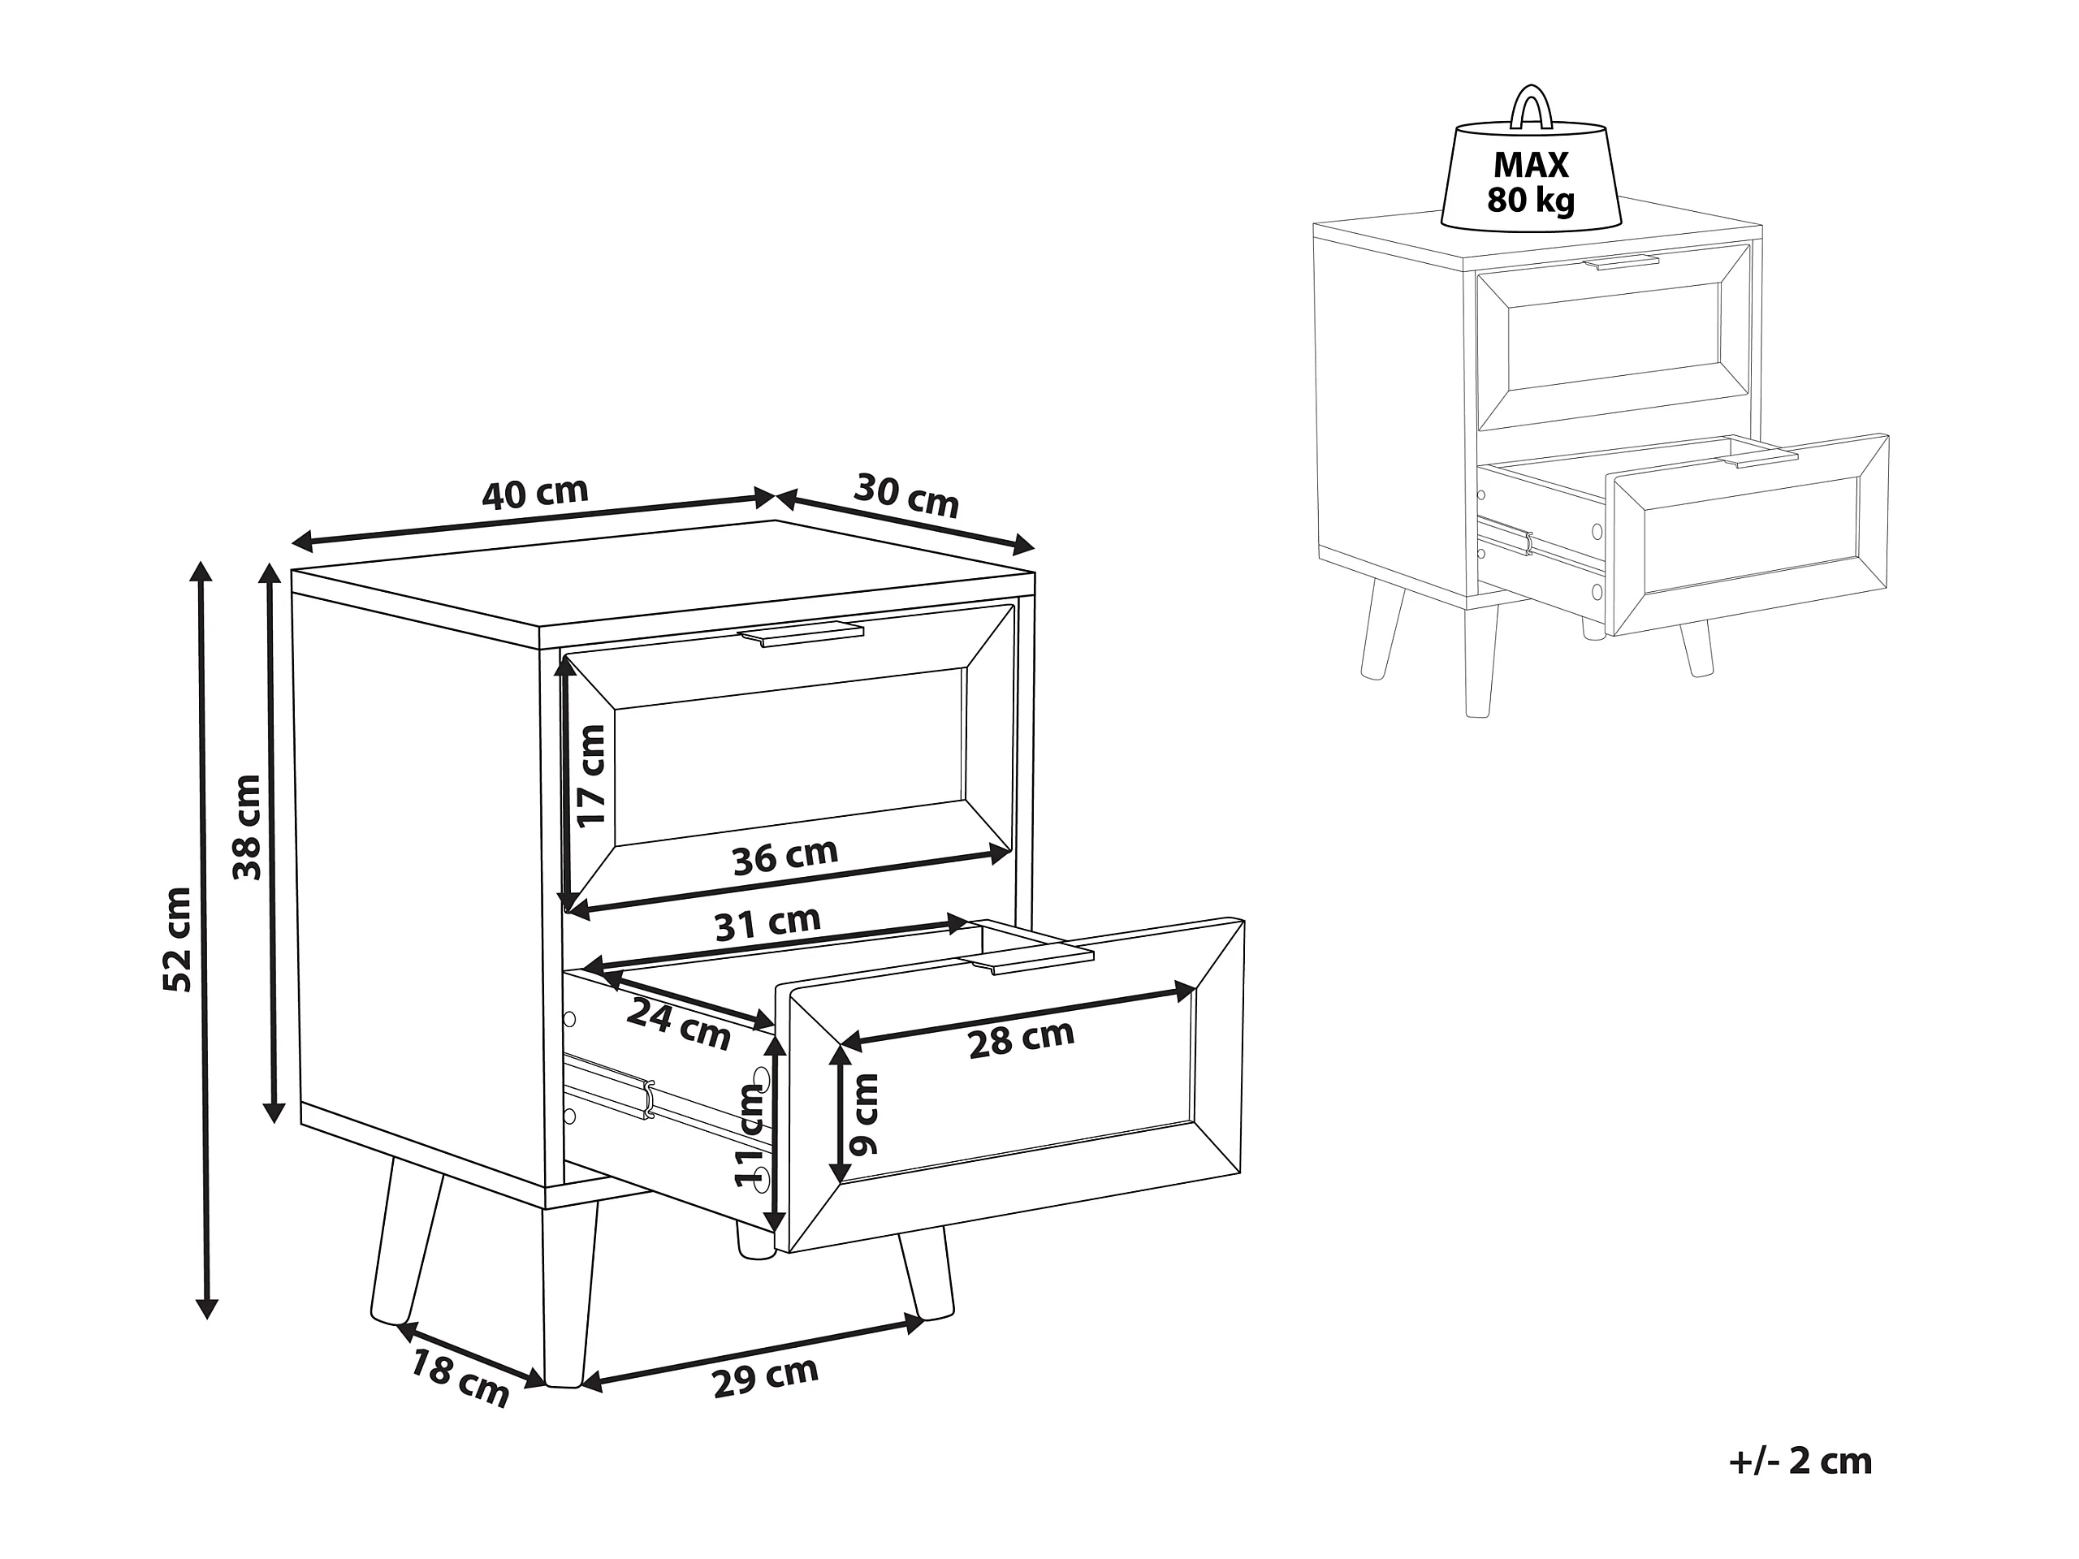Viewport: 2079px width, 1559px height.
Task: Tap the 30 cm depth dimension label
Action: [906, 495]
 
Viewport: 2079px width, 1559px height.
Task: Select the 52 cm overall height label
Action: [177, 939]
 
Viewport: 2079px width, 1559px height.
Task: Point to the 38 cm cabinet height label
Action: [246, 827]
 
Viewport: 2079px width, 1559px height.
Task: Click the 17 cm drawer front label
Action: [591, 776]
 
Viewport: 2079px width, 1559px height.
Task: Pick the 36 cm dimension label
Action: [784, 856]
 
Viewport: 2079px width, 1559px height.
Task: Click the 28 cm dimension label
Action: [1021, 1039]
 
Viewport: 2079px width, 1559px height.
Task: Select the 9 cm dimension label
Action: [862, 1115]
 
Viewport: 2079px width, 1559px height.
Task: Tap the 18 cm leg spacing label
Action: [460, 1378]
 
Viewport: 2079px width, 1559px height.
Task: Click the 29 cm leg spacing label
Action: [765, 1375]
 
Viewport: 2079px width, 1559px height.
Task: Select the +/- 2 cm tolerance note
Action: [1800, 1462]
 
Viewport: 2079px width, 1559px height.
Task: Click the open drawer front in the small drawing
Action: [1749, 535]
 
